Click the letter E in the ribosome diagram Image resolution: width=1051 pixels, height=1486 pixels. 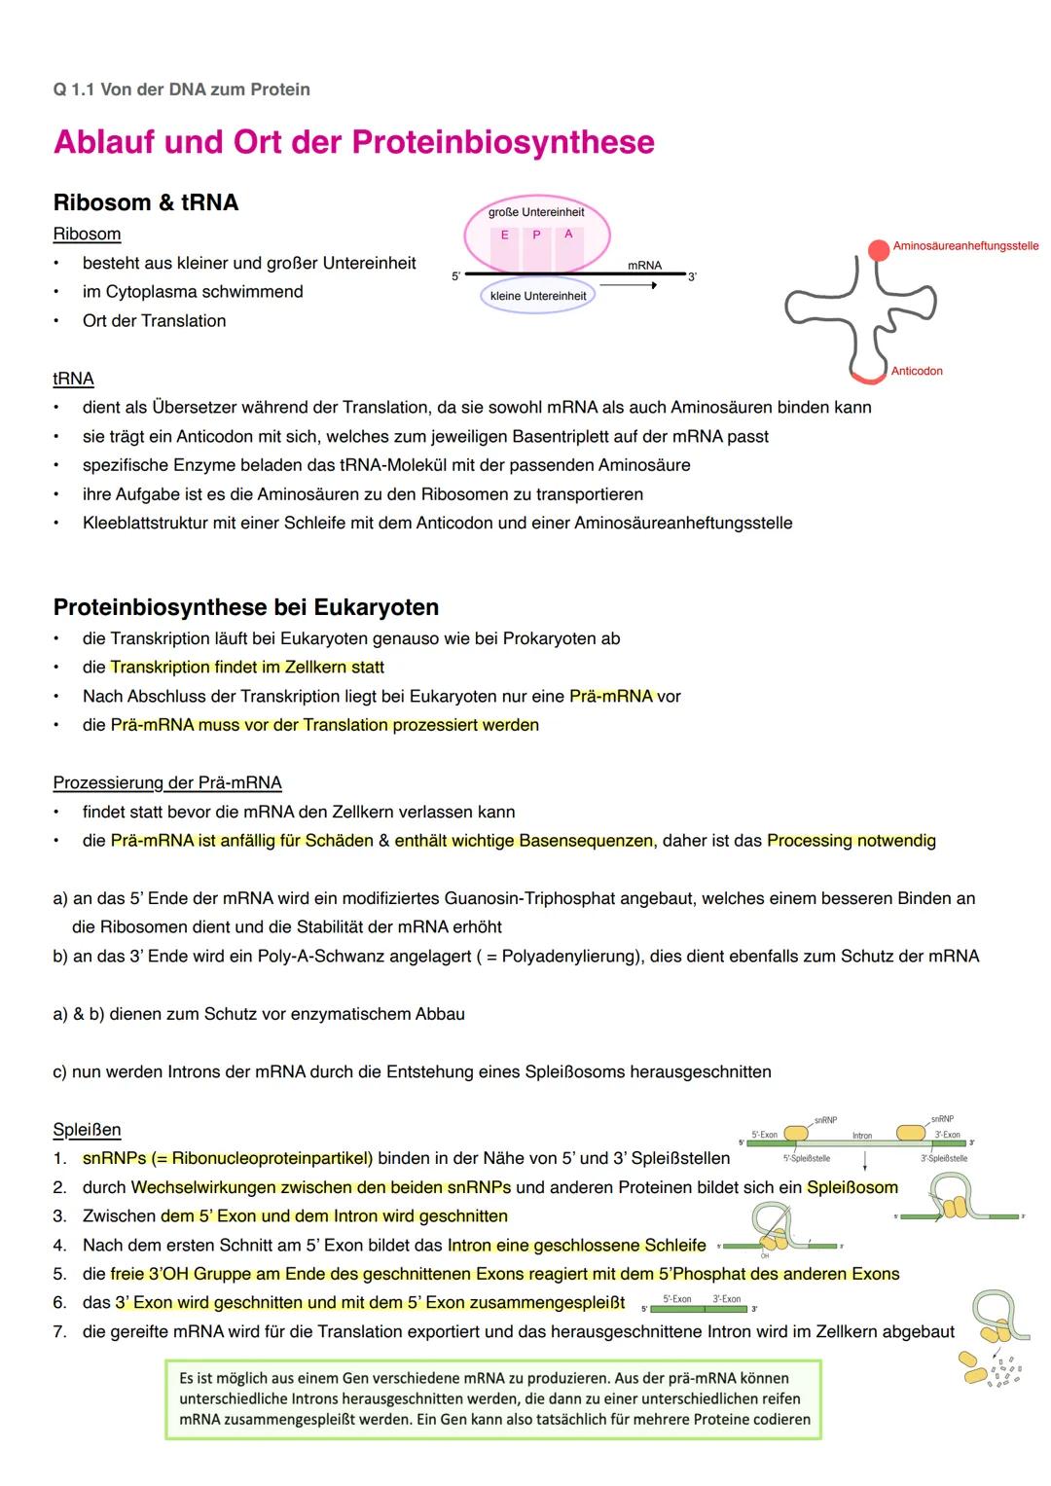click(504, 235)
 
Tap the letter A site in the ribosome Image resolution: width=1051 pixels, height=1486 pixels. click(568, 234)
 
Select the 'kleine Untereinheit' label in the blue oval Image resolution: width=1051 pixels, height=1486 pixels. click(538, 296)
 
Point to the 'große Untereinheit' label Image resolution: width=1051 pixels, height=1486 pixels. click(536, 212)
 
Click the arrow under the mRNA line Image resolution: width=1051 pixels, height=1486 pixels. click(628, 285)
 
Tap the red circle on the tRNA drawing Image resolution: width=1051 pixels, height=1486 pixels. click(879, 249)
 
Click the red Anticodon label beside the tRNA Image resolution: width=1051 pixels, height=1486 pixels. click(917, 371)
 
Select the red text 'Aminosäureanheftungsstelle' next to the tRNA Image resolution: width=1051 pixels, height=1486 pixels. click(965, 246)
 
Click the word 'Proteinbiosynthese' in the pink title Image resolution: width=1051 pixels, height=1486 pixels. click(503, 142)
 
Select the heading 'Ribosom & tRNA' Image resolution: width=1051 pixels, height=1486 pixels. click(146, 202)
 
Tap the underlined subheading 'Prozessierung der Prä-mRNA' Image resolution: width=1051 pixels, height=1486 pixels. click(167, 782)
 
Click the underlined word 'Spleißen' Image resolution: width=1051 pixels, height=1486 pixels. click(87, 1130)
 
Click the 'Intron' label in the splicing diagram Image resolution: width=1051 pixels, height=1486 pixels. click(862, 1136)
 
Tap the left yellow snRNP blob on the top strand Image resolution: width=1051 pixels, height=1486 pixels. click(796, 1134)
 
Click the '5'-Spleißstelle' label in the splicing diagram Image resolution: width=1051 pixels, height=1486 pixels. click(807, 1158)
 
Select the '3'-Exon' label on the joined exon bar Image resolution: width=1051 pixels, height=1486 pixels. click(726, 1299)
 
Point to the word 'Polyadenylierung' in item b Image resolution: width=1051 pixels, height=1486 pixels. click(568, 956)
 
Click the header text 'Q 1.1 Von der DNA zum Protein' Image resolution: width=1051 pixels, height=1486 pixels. click(182, 90)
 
